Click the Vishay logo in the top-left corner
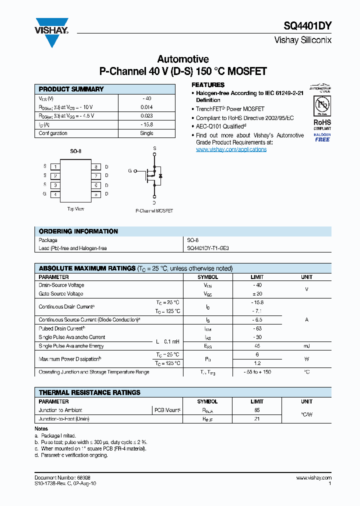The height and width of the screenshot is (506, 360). tap(51, 32)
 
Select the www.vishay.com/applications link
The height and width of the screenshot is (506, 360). tap(231, 149)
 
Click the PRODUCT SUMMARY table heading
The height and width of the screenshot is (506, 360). tap(71, 89)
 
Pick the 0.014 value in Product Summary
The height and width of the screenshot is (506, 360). tap(146, 107)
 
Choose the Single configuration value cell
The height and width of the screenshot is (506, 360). tap(146, 133)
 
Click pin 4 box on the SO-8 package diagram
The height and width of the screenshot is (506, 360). tap(55, 194)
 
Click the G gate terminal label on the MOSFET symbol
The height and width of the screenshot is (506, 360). tap(130, 171)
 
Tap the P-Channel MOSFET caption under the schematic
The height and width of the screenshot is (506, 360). tap(154, 211)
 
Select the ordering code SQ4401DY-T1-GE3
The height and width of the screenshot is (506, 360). tap(208, 248)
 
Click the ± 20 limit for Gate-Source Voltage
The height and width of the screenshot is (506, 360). tap(257, 294)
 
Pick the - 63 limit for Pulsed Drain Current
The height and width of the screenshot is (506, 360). tap(257, 328)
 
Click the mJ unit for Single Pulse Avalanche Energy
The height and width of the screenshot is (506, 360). tap(306, 346)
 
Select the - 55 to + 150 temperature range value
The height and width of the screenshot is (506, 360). tap(257, 372)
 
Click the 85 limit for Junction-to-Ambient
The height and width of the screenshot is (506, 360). tap(257, 410)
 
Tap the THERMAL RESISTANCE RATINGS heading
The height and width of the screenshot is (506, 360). tap(89, 393)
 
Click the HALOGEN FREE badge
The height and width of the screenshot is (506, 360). tap(322, 137)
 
